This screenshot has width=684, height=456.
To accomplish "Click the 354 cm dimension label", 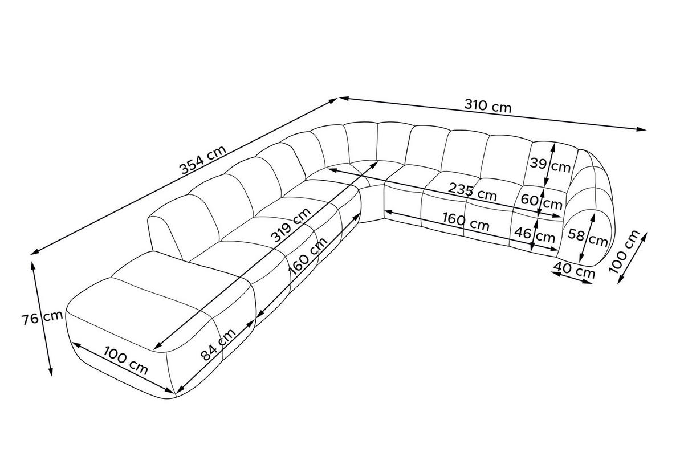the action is pos(203,159).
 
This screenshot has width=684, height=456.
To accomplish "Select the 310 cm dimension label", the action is pos(488,106).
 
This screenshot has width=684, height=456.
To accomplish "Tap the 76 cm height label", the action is pos(42,318).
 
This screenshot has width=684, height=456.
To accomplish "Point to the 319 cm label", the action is pos(291,225).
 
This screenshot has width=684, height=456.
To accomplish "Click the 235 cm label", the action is pos(472,192).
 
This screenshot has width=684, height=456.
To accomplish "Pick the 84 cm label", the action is pos(218,344).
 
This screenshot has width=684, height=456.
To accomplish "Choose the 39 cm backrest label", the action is pos(550,165).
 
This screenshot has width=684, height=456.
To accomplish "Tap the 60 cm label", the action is pos(541,202).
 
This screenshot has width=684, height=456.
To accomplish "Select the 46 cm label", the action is pos(535,235).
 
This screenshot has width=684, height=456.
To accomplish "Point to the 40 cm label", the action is pos(574,270).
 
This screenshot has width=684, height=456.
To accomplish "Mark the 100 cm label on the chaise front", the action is pos(126,360).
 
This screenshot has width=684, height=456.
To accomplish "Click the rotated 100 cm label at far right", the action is pos(624,251).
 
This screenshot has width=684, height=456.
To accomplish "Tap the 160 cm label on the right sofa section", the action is pos(466,221).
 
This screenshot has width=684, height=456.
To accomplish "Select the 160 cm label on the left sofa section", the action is pos(308,255).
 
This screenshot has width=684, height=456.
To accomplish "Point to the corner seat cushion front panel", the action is pos(371,203).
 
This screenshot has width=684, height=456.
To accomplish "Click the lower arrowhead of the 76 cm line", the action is pos(51,372).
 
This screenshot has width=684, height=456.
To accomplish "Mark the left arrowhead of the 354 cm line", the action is pos(35,252).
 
